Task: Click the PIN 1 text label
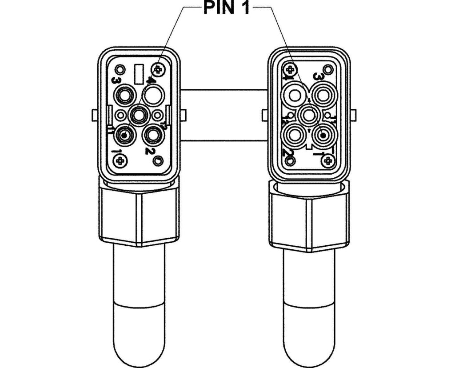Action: (x=226, y=8)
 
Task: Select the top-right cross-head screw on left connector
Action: (x=159, y=69)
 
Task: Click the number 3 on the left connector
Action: (x=116, y=81)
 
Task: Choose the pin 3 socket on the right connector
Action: (x=322, y=95)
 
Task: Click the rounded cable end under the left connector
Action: (x=139, y=329)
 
